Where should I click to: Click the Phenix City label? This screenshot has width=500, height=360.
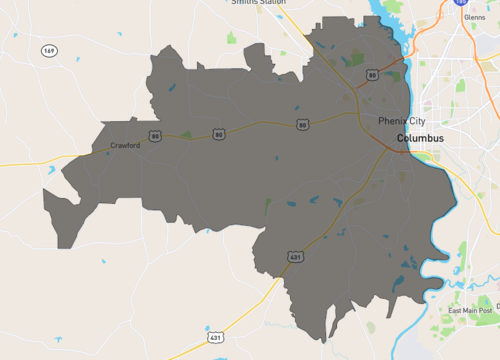coord(402,121)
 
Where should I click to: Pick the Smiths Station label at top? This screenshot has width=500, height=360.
coord(258,3)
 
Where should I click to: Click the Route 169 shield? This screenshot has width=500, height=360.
coord(49,50)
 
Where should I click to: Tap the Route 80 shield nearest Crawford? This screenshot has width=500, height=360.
coord(155,134)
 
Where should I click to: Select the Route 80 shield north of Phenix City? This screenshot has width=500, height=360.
coord(372,74)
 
